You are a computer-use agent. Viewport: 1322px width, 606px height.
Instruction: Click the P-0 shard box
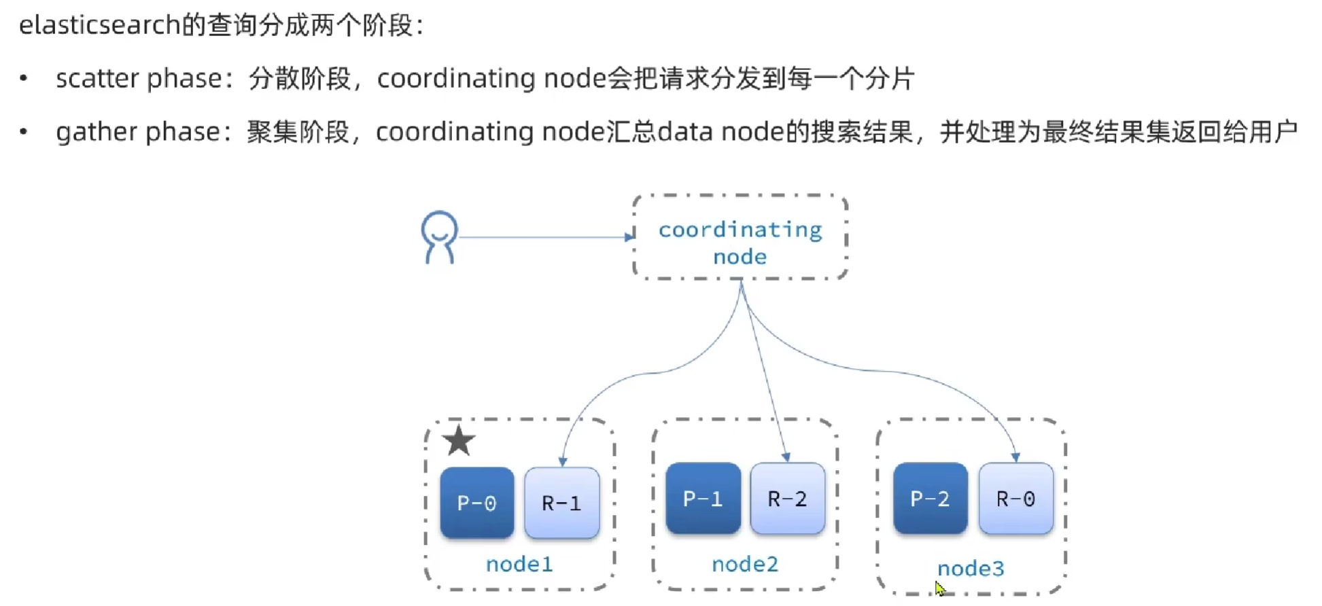point(476,503)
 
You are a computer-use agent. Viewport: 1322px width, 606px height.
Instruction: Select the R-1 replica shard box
point(561,503)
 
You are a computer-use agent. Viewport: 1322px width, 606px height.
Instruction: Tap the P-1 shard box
point(703,499)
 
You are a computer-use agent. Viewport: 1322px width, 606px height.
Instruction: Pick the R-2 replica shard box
point(787,499)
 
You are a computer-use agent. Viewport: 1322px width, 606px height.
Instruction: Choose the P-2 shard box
point(930,499)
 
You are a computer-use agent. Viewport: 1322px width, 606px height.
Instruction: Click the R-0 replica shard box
point(1015,499)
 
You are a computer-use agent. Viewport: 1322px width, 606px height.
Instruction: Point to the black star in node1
point(459,441)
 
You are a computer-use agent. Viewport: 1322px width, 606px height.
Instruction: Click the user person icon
point(439,237)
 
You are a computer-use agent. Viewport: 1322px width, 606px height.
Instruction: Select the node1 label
point(519,564)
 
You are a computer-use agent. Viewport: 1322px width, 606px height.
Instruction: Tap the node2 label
point(745,564)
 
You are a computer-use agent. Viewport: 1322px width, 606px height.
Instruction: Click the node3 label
point(971,568)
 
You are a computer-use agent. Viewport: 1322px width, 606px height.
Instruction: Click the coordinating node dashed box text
point(740,243)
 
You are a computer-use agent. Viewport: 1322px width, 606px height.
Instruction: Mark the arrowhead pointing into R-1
point(562,461)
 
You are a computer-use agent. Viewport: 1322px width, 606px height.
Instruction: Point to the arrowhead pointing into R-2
point(786,457)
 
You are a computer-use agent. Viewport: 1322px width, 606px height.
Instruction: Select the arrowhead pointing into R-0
point(1015,457)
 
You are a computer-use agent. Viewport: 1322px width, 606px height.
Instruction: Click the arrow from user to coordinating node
point(544,237)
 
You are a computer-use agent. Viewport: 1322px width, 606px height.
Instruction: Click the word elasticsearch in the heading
point(99,25)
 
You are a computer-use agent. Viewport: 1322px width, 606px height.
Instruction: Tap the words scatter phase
point(139,78)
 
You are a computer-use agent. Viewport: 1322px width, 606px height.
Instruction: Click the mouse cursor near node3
point(939,588)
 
